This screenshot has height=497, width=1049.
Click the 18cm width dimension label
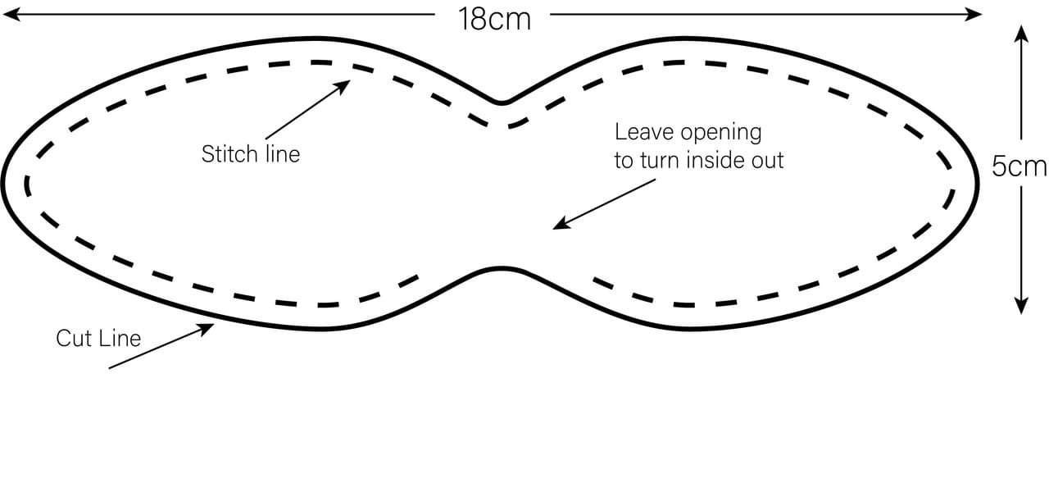coord(495,18)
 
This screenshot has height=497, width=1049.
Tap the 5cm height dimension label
coord(1019,166)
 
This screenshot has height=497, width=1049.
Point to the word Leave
coord(641,132)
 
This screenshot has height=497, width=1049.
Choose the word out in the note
coord(768,160)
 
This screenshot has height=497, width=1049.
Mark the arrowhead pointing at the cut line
coord(208,328)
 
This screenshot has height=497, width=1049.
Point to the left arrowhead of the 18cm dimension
coord(10,13)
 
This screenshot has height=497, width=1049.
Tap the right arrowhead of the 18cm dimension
coord(975,13)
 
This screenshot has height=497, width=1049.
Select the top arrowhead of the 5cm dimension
coord(1020,31)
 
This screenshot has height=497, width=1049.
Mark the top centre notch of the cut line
coord(502,103)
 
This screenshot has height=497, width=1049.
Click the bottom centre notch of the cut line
coord(502,268)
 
